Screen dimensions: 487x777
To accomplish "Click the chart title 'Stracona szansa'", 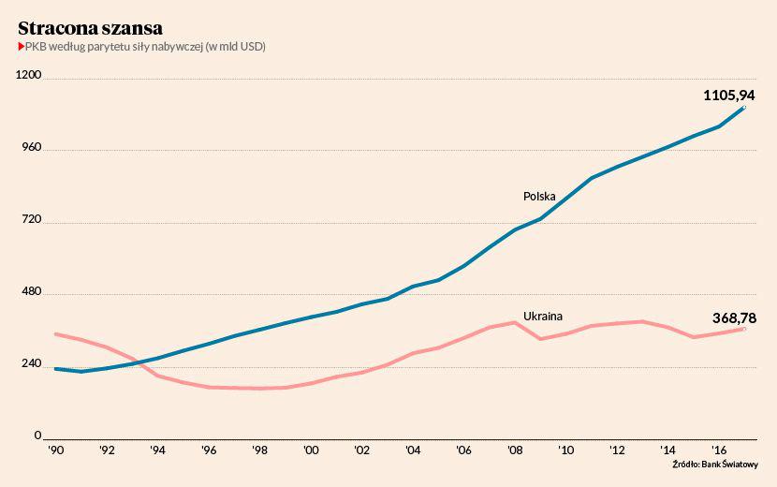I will (91, 28).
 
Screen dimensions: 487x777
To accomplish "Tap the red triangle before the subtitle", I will (21, 47).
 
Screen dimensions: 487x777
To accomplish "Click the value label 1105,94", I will (729, 95).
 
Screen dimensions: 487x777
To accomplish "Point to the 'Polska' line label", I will (539, 197).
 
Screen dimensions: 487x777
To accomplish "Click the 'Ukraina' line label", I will (542, 316).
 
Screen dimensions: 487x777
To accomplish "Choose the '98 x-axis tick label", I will (259, 450).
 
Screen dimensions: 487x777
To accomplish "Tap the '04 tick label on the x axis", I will (412, 450).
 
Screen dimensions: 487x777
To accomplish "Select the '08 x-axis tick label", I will (514, 450).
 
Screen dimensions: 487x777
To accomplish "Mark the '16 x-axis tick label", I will (719, 450).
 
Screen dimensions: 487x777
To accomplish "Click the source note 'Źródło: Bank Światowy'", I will (715, 465).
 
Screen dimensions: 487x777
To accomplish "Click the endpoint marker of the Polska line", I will (744, 108).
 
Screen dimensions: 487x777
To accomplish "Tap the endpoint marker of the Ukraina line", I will (744, 329).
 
